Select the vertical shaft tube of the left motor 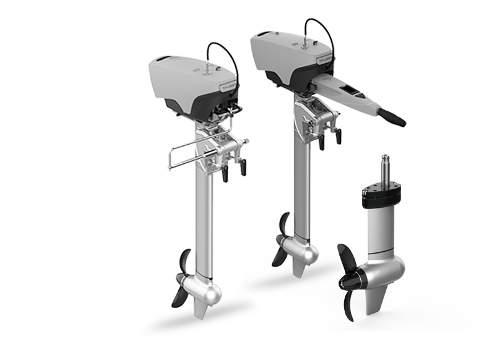205,223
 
